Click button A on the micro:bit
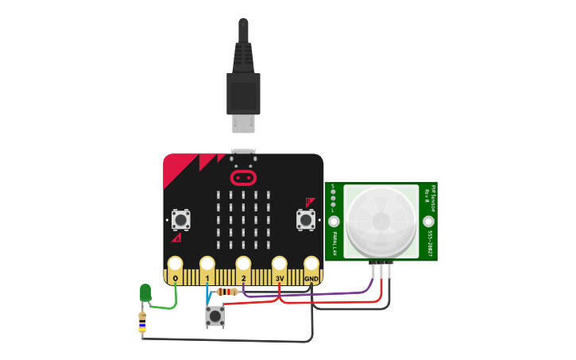(x=180, y=219)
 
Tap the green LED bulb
(x=145, y=292)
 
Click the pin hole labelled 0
(x=175, y=263)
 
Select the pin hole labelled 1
(x=207, y=263)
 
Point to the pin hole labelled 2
(x=243, y=263)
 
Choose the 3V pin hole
(x=279, y=263)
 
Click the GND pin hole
(x=311, y=263)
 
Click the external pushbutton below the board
(x=215, y=316)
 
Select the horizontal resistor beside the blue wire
(x=227, y=292)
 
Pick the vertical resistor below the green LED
(x=142, y=324)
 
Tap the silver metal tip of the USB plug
(x=243, y=124)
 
